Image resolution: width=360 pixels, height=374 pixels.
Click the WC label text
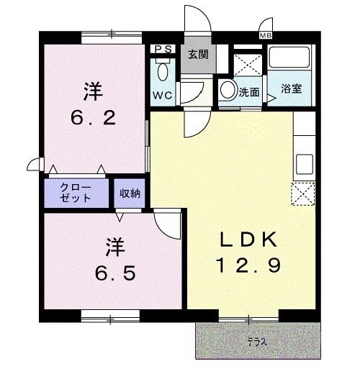tap(161, 95)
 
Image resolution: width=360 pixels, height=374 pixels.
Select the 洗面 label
tap(250, 91)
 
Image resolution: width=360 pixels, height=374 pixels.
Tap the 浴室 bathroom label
tap(291, 90)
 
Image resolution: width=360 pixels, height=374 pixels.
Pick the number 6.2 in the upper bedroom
tap(94, 117)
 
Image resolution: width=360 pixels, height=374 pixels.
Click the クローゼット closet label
tap(76, 192)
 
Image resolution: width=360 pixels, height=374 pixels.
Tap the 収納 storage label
tap(130, 192)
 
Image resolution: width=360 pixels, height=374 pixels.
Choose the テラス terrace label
tap(257, 342)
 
